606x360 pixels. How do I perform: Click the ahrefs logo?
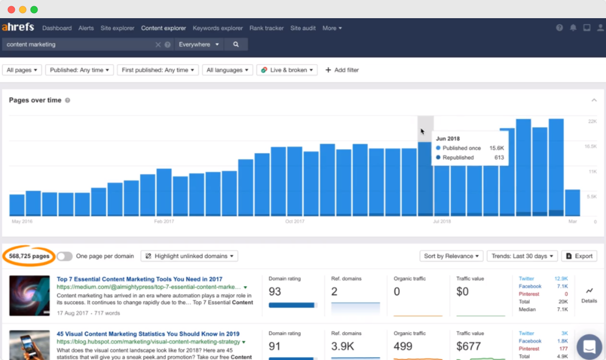click(x=18, y=27)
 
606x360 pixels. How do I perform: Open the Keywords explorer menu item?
click(x=218, y=28)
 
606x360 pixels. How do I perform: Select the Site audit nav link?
click(x=303, y=28)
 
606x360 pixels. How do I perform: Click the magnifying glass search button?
click(x=236, y=44)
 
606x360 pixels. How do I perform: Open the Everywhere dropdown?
click(x=199, y=44)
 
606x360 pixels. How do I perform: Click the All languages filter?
click(x=227, y=70)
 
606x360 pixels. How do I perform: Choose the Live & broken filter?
click(x=287, y=70)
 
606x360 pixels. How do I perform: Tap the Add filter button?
click(x=342, y=70)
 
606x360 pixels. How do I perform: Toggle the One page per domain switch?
click(x=65, y=256)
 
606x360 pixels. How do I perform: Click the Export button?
click(x=579, y=256)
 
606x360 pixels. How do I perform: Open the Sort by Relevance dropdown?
click(x=451, y=256)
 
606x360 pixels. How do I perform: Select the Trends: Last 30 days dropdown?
click(x=522, y=256)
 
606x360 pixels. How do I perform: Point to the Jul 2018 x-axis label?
click(x=442, y=221)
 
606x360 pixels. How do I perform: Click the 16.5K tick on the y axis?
click(x=591, y=146)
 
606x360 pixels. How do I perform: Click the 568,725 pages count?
click(x=29, y=256)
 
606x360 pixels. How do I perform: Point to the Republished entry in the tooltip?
click(x=458, y=158)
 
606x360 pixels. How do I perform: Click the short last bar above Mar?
click(x=572, y=203)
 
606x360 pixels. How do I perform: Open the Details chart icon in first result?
click(x=589, y=291)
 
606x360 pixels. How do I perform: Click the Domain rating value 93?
click(x=275, y=292)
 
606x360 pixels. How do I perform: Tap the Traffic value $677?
click(x=469, y=346)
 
